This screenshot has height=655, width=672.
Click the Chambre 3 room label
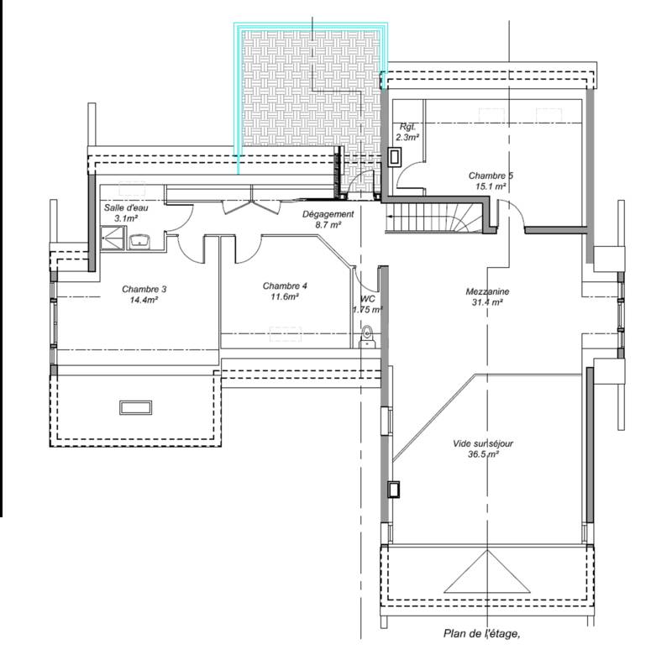click(144, 289)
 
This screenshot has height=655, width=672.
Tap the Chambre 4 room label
click(285, 286)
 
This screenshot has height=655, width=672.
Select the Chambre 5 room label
click(491, 176)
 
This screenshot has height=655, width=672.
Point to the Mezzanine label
click(487, 291)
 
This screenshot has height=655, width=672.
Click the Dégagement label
click(328, 214)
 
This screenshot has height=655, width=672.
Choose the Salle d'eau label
click(126, 207)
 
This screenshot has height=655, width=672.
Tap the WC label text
click(368, 299)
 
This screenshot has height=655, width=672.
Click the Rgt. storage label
click(407, 127)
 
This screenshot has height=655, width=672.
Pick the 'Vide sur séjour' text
click(482, 444)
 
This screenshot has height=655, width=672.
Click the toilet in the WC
click(367, 337)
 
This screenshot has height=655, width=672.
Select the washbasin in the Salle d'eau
click(139, 242)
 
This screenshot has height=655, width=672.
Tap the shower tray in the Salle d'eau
click(113, 238)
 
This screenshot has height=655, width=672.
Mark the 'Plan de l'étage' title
click(481, 633)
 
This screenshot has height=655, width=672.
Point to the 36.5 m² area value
click(483, 454)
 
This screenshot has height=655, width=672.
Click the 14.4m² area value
click(144, 300)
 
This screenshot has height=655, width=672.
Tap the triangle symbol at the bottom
click(487, 572)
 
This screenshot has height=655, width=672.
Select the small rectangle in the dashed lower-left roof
click(135, 407)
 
